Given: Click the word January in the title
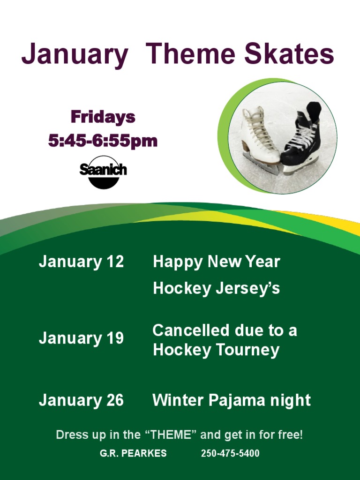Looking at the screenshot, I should pos(75,55).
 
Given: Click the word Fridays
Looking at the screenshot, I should pos(103,117).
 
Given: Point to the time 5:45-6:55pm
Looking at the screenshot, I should pos(103,141).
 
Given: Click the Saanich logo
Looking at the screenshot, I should pos(103,172).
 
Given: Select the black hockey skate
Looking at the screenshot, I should pos(302,138).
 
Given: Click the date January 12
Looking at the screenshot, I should pos(81,262).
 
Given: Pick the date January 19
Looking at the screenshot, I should pos(81,338).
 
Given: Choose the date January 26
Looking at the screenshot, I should pos(81,400).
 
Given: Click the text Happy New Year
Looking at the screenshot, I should pos(216,262).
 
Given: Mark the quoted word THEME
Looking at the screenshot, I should pos(171,435).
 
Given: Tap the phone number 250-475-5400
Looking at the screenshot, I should pos(230,454).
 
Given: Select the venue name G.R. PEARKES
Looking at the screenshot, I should pos(133,454).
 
